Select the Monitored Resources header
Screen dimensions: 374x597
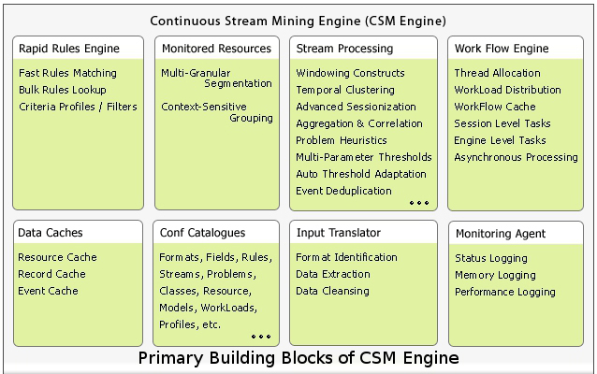216,48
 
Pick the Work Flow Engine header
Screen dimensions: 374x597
502,48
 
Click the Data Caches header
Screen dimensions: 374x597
50,233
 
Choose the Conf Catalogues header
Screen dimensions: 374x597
203,233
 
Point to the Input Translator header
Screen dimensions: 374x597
340,233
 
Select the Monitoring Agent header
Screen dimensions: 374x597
500,234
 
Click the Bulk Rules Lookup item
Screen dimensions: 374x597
63,90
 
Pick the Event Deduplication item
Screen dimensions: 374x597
343,191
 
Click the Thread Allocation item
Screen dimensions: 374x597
497,73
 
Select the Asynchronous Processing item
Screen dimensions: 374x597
516,157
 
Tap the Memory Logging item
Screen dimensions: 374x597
495,275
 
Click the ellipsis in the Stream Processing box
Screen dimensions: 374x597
418,203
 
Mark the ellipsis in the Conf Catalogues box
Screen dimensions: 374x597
261,337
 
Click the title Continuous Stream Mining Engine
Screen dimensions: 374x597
298,20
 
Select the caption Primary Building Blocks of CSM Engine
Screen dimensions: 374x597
298,358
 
